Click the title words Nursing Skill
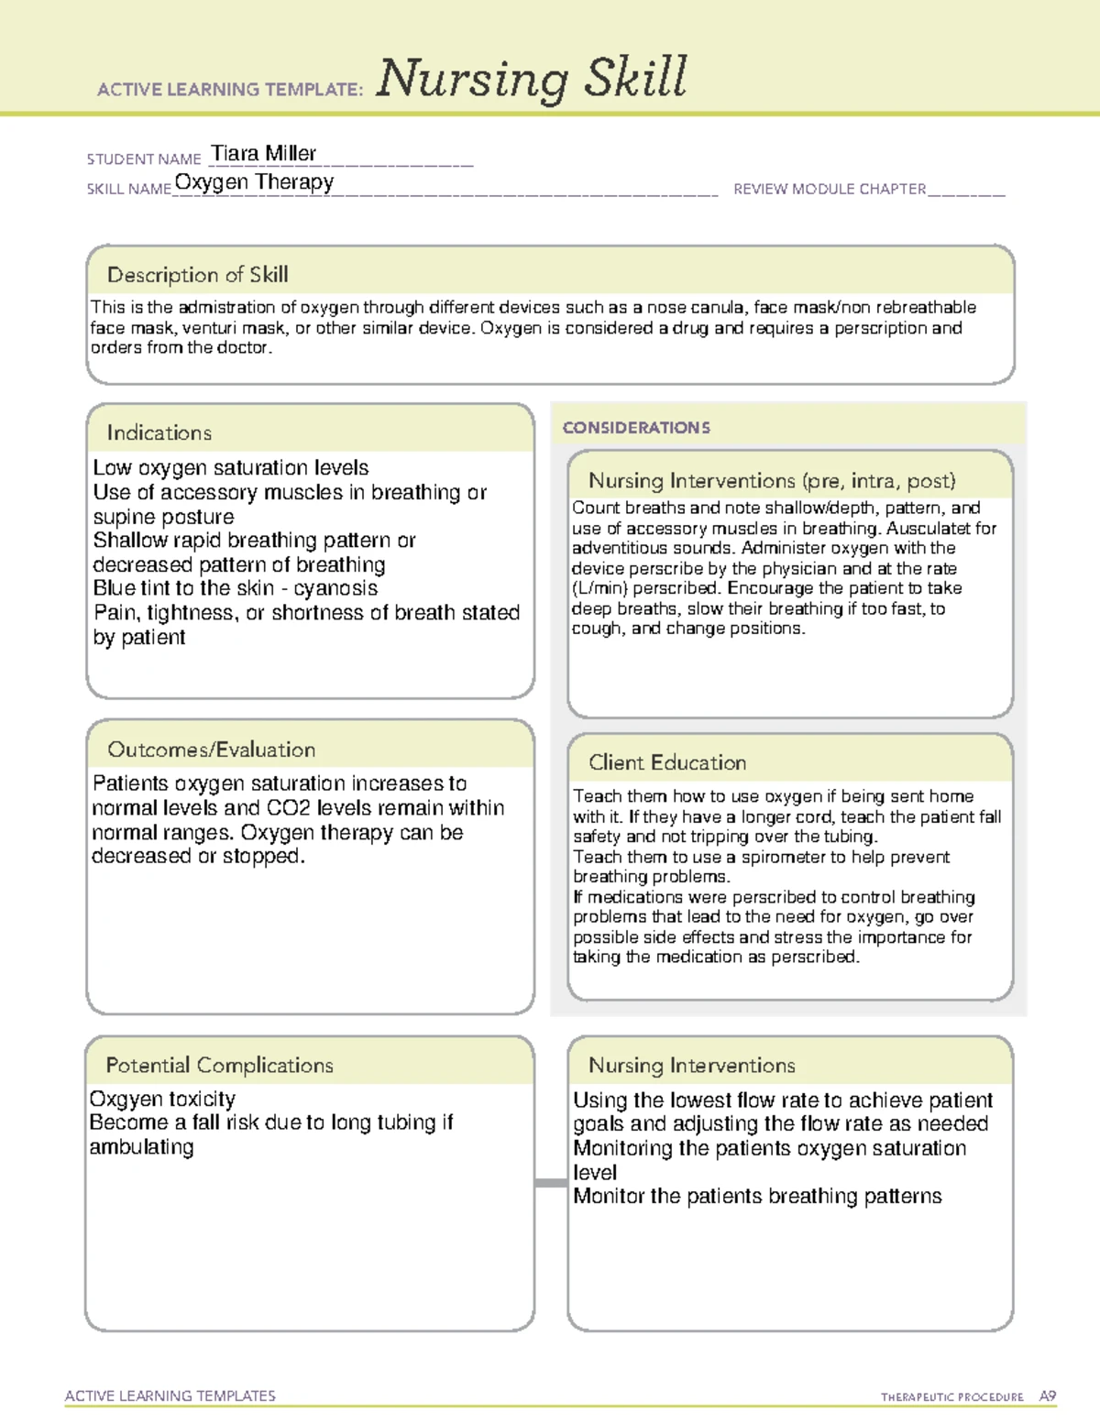tap(532, 79)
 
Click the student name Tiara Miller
tap(264, 153)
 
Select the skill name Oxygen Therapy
tap(254, 182)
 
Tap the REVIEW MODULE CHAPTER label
tap(830, 189)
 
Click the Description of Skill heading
tap(197, 275)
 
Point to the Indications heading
tap(159, 432)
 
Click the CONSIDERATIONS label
tap(636, 428)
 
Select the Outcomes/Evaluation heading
tap(211, 750)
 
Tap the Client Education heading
tap(667, 762)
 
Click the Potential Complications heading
tap(219, 1065)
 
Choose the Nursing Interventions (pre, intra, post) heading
tap(772, 481)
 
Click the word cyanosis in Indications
tap(335, 588)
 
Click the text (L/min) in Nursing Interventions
tap(599, 588)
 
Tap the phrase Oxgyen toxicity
tap(162, 1099)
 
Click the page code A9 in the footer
tap(1047, 1396)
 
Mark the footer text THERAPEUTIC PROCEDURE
tap(951, 1397)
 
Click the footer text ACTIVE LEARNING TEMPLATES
tap(170, 1396)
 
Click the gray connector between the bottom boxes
tap(551, 1183)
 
